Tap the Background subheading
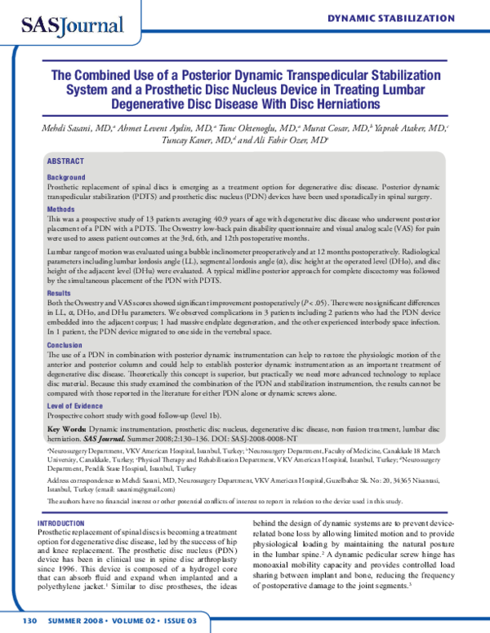66,177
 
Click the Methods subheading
61,210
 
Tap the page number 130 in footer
30,621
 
